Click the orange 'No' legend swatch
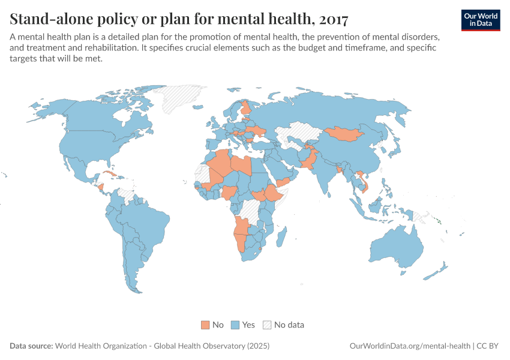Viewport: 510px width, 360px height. click(205, 325)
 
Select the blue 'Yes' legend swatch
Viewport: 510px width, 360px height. click(235, 325)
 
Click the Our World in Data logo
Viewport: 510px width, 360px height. click(481, 19)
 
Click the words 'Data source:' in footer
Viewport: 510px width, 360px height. click(31, 346)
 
